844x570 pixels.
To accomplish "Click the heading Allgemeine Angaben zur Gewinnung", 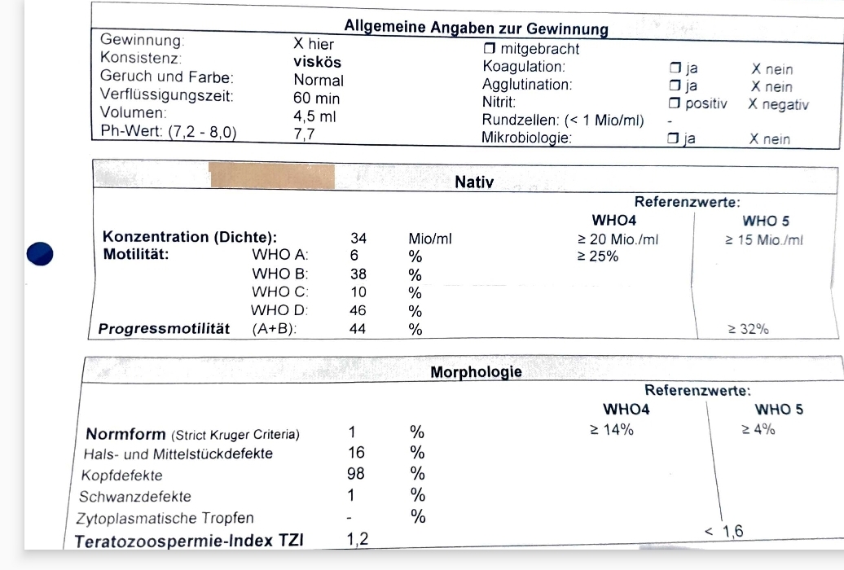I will click(x=476, y=28).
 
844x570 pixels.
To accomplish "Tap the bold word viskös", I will click(x=317, y=62).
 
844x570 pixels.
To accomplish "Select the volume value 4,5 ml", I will click(x=314, y=116).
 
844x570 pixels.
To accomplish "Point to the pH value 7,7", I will click(x=305, y=134).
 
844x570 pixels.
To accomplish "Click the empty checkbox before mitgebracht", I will click(x=489, y=49).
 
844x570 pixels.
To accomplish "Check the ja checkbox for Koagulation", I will click(x=675, y=68).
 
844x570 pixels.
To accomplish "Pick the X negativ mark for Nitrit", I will click(x=778, y=104).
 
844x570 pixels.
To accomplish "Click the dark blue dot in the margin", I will click(x=40, y=254).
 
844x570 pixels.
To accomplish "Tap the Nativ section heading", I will click(x=474, y=182).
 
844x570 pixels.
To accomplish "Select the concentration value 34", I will click(x=358, y=239).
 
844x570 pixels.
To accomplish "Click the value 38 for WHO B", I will click(x=358, y=274).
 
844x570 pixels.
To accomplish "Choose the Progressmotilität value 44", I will click(x=358, y=330).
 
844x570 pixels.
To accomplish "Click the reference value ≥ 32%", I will click(x=748, y=330).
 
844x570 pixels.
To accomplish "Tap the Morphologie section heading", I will click(x=476, y=373).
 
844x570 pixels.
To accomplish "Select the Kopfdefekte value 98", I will click(x=357, y=474).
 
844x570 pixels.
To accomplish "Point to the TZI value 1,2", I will click(x=357, y=538).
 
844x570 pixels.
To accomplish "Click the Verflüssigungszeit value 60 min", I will click(x=317, y=99).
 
